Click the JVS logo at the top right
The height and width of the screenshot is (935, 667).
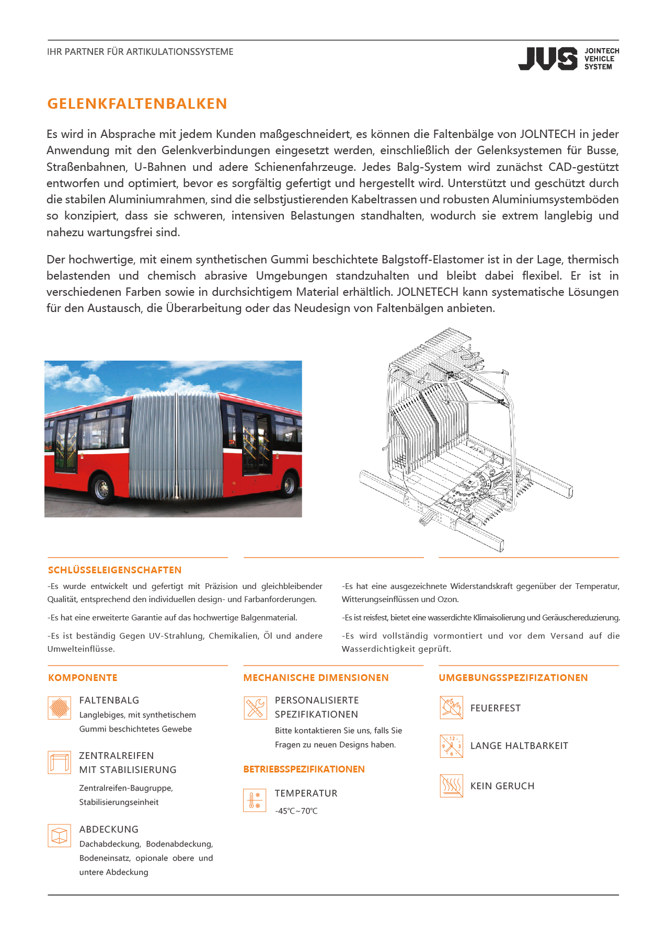568,59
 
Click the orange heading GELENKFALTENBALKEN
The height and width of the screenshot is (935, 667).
137,103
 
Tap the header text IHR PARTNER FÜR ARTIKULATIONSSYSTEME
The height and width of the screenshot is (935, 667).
140,52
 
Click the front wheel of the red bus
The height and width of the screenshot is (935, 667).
102,489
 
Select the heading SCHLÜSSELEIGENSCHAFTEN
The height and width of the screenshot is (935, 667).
115,570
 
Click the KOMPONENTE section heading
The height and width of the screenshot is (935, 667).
83,678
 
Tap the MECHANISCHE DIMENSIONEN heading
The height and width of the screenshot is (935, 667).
316,678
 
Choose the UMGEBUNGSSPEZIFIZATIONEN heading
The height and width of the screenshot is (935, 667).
513,678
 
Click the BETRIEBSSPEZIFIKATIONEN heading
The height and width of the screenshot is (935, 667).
304,769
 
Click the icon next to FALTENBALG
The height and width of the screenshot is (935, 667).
59,708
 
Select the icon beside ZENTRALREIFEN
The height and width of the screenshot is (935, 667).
59,763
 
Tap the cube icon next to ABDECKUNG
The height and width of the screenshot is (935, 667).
59,835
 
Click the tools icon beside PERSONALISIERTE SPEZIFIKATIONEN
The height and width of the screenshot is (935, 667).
255,708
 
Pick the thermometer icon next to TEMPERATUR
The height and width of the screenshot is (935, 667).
255,800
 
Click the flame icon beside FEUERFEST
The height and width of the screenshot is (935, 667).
451,708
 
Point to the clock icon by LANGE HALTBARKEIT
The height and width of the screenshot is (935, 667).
451,746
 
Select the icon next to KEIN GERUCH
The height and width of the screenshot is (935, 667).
451,786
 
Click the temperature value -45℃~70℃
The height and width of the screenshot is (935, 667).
296,811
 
